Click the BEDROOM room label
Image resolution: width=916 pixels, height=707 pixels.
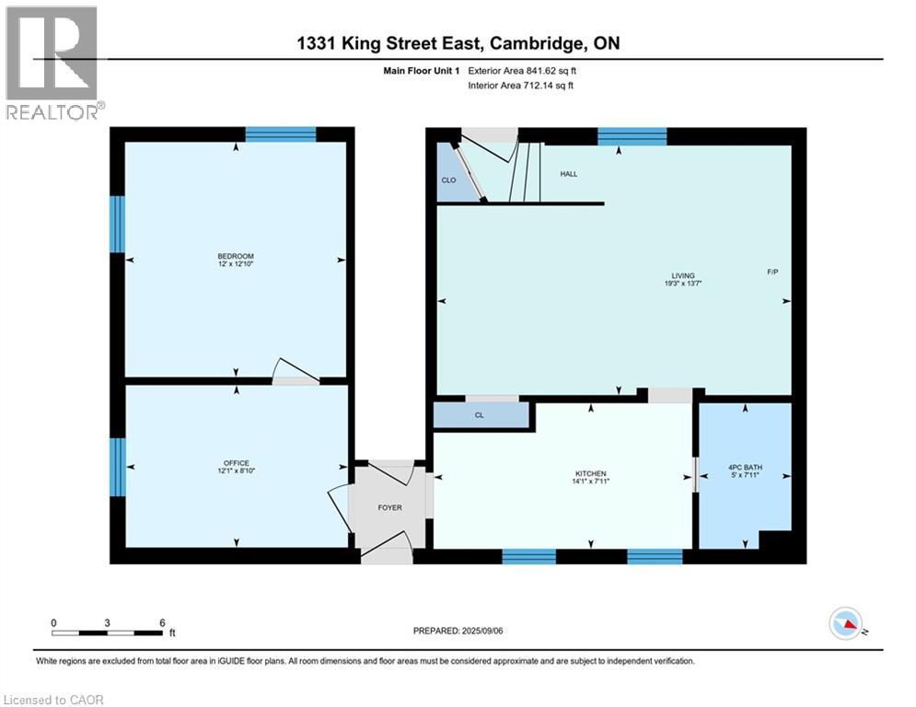tap(236, 256)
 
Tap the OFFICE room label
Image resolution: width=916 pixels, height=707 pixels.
tap(236, 463)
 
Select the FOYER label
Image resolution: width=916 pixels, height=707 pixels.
tap(390, 507)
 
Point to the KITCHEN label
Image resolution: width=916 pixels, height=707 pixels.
tap(590, 474)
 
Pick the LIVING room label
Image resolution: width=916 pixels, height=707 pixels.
tap(682, 276)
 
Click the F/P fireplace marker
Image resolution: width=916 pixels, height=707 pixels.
tap(773, 272)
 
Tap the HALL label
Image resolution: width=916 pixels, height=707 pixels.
tap(569, 174)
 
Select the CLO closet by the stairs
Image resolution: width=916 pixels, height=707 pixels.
tap(448, 180)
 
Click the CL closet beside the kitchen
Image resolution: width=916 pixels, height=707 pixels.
tap(480, 415)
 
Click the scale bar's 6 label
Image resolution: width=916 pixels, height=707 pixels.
tap(162, 622)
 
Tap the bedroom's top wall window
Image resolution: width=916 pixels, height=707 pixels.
tap(281, 134)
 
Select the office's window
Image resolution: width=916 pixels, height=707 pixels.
tap(118, 467)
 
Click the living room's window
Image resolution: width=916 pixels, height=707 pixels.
tap(632, 137)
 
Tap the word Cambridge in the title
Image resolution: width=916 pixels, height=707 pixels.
tap(540, 43)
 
